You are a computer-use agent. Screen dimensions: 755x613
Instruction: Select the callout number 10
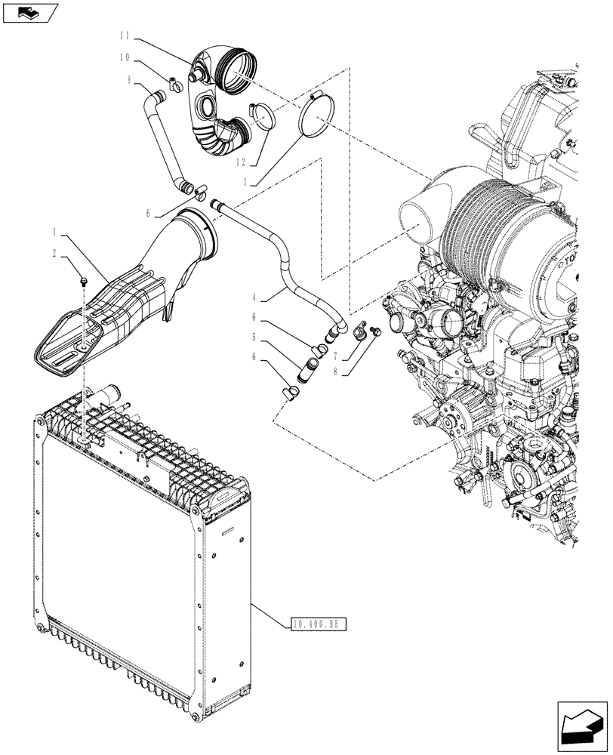125,57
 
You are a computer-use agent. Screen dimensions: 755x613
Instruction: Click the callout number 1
55,229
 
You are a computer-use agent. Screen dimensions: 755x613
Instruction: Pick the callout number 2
55,254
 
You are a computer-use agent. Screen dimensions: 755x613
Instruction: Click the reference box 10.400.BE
322,624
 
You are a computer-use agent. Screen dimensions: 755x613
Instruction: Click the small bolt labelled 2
82,282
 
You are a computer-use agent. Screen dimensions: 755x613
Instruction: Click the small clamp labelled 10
173,84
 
